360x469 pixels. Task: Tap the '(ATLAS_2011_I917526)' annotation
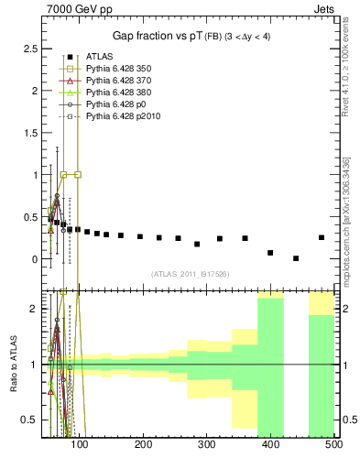[x=191, y=273]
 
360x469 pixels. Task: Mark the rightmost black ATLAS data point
[x=321, y=237]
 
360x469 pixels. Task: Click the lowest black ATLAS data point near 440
[x=296, y=258]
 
